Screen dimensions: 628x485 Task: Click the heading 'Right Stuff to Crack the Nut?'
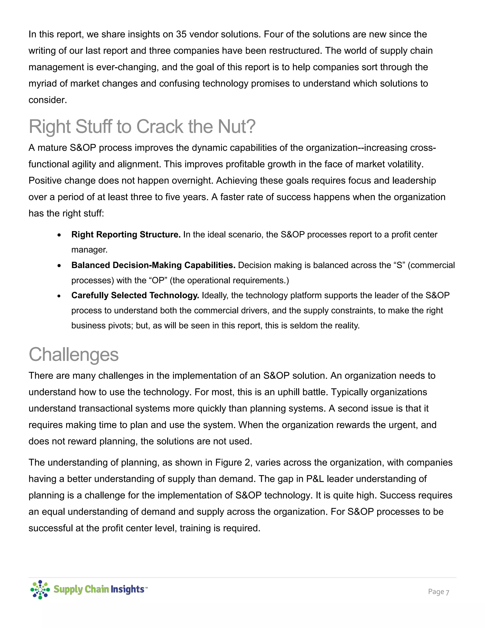click(142, 127)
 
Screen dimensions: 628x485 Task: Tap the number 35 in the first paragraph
click(181, 34)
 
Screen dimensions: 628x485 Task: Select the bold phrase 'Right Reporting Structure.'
click(126, 234)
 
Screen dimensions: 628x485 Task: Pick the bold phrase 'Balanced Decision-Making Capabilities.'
click(153, 265)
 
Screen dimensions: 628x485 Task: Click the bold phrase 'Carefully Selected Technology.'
click(135, 295)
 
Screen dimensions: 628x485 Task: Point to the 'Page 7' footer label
click(438, 592)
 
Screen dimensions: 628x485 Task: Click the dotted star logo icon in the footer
click(40, 589)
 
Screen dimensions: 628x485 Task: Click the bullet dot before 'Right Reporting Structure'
click(59, 235)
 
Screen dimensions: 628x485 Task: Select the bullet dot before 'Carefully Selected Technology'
click(59, 296)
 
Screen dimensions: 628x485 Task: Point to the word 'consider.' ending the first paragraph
click(48, 100)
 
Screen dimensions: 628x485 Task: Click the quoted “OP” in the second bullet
click(158, 280)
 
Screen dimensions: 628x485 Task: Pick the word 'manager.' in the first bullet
click(89, 250)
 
